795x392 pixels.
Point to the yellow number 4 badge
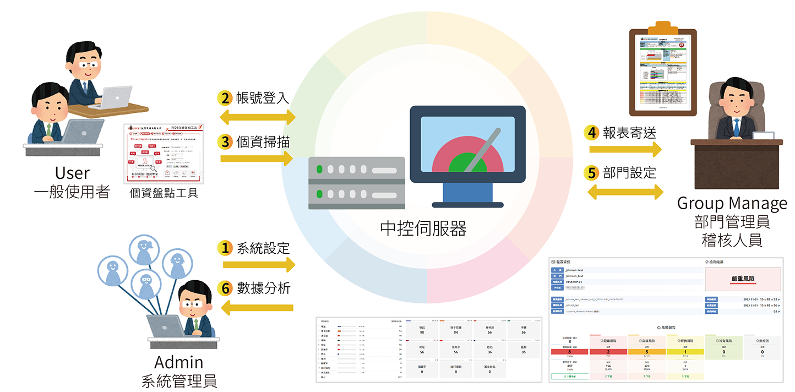(592, 133)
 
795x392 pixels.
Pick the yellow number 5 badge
(592, 173)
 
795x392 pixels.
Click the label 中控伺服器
(423, 228)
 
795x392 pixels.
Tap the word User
(72, 173)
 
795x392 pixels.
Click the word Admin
(178, 362)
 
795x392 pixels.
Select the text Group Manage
(732, 204)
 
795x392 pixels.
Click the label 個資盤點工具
(164, 193)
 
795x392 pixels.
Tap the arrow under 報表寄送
(625, 149)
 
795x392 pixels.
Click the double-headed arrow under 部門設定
(625, 191)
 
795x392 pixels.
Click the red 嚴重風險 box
(742, 279)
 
